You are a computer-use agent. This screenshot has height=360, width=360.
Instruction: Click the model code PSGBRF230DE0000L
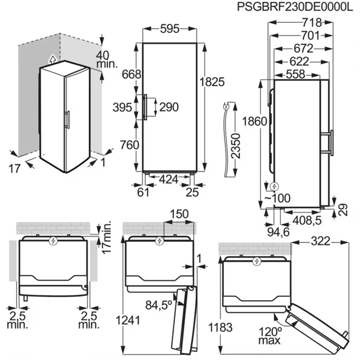click(x=295, y=7)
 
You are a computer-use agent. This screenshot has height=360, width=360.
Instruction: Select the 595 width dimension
click(x=170, y=29)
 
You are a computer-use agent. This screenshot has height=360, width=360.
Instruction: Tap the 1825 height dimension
click(x=212, y=82)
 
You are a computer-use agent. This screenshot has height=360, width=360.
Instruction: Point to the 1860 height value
click(x=254, y=121)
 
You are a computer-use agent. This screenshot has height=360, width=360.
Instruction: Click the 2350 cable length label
click(x=236, y=146)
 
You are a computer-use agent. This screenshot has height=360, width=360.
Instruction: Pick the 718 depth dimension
click(x=312, y=23)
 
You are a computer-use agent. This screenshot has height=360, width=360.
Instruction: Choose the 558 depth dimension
click(x=295, y=74)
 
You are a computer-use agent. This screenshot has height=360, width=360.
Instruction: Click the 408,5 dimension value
click(x=307, y=220)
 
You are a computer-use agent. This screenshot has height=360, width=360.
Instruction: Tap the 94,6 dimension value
click(x=278, y=232)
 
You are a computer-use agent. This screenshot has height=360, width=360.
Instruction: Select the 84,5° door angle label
click(x=158, y=305)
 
